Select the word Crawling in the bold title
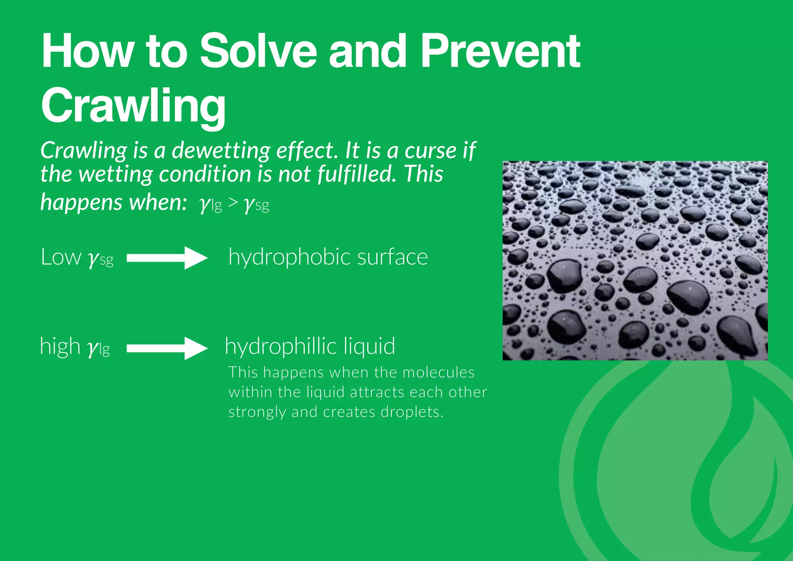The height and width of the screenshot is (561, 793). pyautogui.click(x=133, y=105)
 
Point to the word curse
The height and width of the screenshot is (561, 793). pyautogui.click(x=430, y=151)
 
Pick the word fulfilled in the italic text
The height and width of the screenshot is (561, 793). pyautogui.click(x=357, y=174)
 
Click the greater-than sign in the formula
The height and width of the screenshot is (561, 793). pyautogui.click(x=233, y=203)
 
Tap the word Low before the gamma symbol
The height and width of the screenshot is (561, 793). pyautogui.click(x=61, y=257)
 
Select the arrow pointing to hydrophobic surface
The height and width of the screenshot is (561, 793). pyautogui.click(x=167, y=258)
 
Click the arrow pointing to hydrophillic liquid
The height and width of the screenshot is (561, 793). pyautogui.click(x=167, y=348)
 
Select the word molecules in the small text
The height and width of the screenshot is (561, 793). pyautogui.click(x=438, y=372)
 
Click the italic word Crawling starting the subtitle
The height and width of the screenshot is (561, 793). pyautogui.click(x=84, y=151)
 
